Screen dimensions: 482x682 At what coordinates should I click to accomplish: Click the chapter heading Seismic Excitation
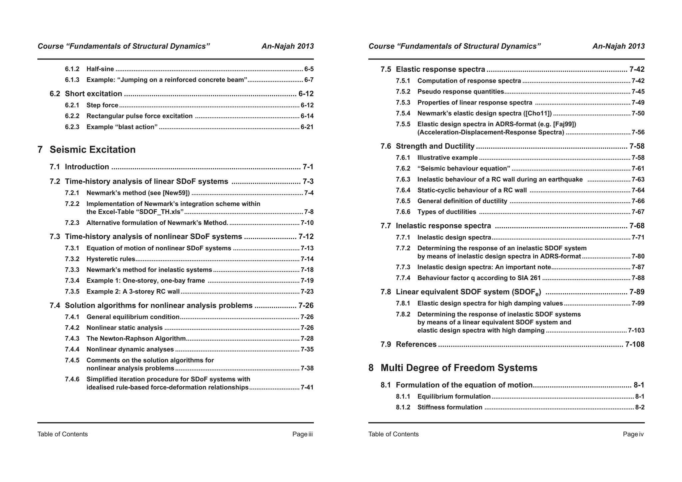click(93, 150)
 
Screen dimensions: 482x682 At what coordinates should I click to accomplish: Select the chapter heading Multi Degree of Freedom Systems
click(459, 368)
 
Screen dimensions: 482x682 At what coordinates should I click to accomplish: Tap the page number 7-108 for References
click(635, 345)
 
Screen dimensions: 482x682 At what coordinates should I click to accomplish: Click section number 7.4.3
click(72, 339)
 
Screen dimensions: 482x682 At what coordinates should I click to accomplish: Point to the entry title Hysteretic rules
click(111, 259)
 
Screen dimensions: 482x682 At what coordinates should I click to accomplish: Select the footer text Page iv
click(633, 434)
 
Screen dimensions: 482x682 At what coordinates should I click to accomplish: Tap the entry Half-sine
click(100, 69)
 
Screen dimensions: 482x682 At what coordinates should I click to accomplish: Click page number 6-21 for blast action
click(307, 127)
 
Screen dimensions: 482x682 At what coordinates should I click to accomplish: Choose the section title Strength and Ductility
click(435, 146)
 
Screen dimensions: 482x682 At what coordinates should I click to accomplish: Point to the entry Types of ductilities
click(447, 212)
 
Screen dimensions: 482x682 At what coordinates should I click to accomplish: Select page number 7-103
click(636, 331)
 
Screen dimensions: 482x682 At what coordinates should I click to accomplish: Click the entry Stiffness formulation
click(450, 407)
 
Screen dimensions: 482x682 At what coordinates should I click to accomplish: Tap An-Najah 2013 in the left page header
click(287, 46)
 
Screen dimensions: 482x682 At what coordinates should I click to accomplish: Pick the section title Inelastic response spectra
click(443, 226)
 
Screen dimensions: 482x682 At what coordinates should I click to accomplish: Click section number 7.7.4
click(403, 278)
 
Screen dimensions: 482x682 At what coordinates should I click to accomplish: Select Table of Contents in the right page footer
click(393, 434)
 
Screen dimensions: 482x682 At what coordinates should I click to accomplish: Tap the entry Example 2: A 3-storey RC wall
click(133, 292)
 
